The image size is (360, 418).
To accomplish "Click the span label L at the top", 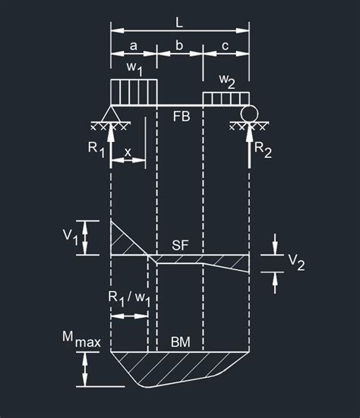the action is tap(179, 23).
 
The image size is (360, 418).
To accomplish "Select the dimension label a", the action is tap(134, 46).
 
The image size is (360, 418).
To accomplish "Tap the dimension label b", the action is tap(179, 45).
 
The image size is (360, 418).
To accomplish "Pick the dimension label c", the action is tap(226, 46).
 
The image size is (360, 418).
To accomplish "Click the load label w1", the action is tap(134, 68).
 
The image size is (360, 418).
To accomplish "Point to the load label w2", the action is tap(227, 81).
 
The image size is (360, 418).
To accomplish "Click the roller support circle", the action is tap(249, 114).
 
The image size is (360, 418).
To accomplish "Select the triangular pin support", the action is tap(111, 114).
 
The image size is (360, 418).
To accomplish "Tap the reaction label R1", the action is tap(96, 149).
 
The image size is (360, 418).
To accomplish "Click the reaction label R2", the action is tap(263, 149).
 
